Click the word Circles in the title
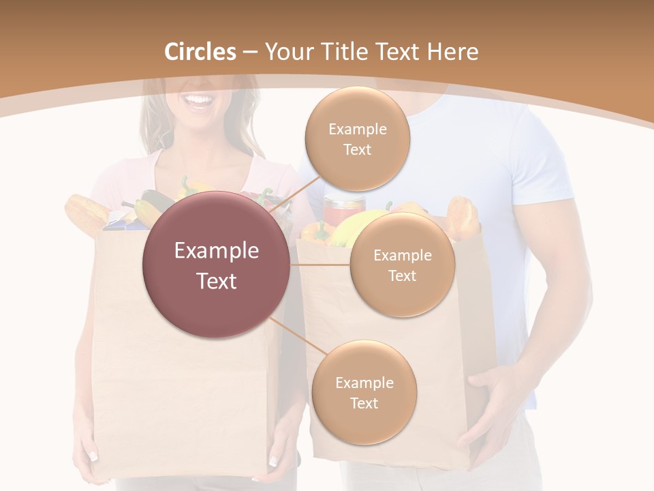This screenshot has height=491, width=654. tap(200, 52)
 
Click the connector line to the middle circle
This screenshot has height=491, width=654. tap(320, 265)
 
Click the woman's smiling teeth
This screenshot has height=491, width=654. tap(199, 102)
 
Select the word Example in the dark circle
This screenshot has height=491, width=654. tap(216, 251)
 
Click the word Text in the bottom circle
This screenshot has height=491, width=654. tap(364, 403)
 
